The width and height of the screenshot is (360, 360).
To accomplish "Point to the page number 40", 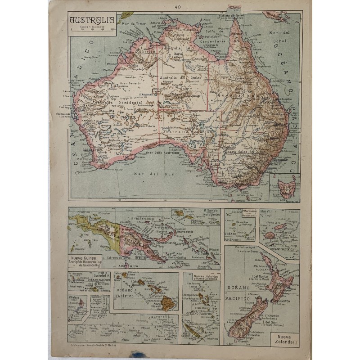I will click(178, 7).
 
